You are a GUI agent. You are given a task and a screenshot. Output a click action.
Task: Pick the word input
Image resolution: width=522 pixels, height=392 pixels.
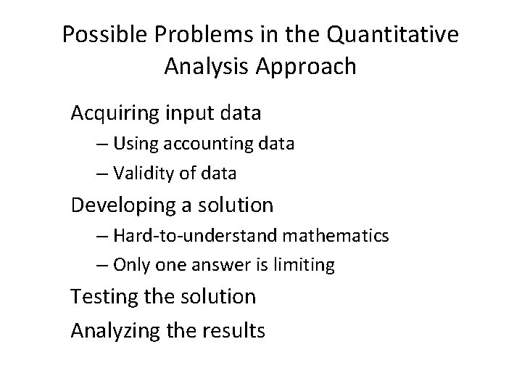tap(188, 114)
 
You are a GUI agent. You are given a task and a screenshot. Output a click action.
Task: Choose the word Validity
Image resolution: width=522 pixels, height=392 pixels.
tap(139, 173)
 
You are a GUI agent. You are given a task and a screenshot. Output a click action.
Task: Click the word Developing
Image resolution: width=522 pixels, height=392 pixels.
tap(124, 205)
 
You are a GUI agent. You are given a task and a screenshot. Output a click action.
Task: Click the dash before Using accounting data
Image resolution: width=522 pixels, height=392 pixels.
tap(101, 144)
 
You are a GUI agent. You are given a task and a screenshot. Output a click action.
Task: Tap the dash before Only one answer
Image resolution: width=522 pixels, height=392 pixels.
tap(101, 266)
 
